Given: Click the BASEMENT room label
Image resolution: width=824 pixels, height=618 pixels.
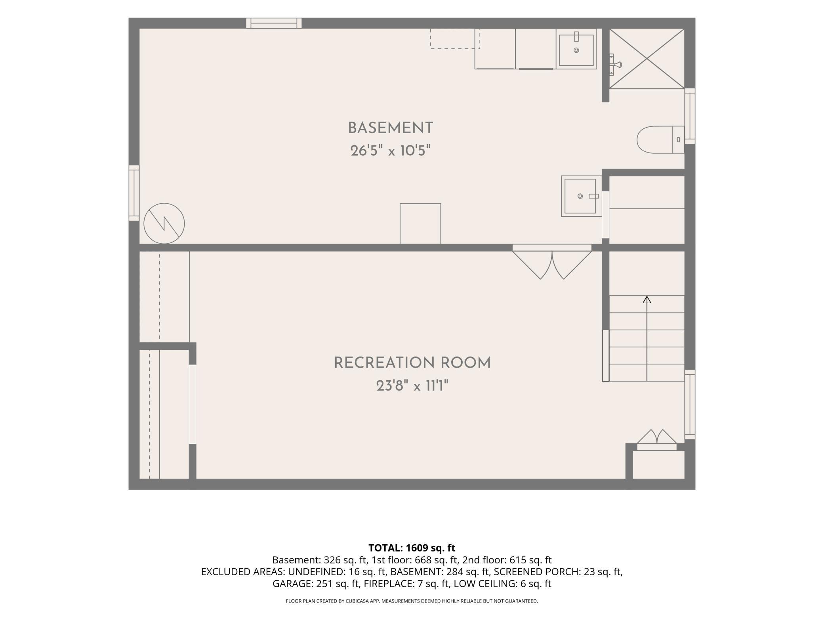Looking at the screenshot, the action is pos(390,128).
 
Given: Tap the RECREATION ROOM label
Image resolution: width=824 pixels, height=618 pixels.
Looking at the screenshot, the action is pos(412,363).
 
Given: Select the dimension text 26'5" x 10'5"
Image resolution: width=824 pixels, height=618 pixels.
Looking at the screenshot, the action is pos(390,151).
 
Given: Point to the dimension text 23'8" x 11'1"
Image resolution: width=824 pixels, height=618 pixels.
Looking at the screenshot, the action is pos(412,385).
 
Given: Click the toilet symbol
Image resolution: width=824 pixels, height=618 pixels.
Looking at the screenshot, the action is pos(660,139).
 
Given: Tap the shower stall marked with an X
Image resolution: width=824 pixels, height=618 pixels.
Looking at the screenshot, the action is pos(647,59).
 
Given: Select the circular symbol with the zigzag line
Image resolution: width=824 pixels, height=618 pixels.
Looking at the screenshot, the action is pos(164,223).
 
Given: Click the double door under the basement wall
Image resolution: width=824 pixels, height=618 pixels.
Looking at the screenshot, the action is pos(552,262).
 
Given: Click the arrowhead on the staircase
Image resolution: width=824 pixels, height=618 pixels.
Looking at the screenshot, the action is pos(647,299).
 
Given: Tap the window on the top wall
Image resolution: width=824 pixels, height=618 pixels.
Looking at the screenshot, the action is pos(274,23).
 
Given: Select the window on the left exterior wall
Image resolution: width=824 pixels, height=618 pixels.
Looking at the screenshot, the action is pos(134,193).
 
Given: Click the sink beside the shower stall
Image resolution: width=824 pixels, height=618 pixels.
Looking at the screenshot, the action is pos(576,49).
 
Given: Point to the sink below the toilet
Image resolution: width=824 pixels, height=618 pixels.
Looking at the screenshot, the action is pos(581,196).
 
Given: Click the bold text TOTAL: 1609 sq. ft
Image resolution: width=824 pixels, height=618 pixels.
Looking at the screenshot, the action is pos(412,548).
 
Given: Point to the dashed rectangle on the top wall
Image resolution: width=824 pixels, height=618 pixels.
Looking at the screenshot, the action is pos(455,38).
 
